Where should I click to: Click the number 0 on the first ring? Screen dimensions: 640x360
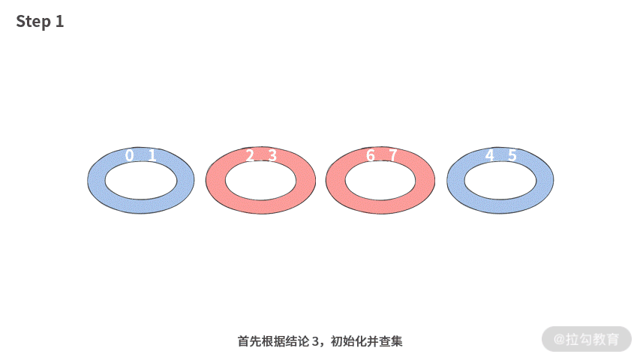tap(130, 156)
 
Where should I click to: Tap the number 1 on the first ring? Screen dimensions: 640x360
tap(152, 156)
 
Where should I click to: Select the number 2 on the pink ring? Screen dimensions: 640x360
tap(250, 156)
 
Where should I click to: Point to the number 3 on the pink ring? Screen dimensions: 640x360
tap(272, 156)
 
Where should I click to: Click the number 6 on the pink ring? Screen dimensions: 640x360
tap(370, 156)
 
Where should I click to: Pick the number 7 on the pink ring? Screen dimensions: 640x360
tap(392, 156)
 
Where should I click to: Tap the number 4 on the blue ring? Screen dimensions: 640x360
tap(490, 156)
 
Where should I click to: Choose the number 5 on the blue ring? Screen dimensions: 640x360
tap(512, 156)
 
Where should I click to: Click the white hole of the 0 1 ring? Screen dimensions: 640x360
tap(141, 181)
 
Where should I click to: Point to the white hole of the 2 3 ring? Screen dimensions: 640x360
tap(260, 181)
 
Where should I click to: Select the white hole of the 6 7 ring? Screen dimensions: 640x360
tap(380, 181)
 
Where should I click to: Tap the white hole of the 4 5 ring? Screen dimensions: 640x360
tap(500, 181)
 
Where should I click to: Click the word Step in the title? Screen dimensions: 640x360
tap(33, 22)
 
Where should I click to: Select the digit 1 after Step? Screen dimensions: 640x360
tap(59, 22)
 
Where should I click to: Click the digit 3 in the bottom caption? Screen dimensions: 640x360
tap(315, 341)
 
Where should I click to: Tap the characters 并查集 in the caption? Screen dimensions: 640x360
tap(386, 341)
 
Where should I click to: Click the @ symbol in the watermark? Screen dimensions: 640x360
tap(559, 340)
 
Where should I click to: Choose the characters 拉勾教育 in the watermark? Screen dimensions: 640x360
tap(593, 340)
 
